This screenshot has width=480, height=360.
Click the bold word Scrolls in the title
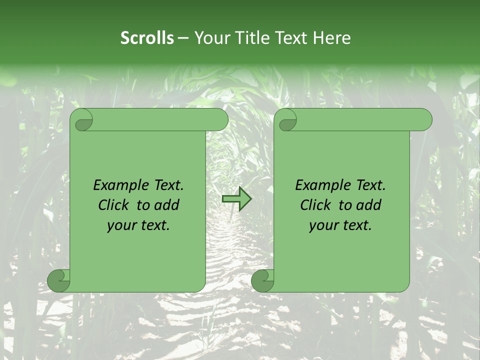click(x=147, y=38)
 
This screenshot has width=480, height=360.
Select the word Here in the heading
click(x=332, y=38)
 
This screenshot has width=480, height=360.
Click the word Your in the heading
click(x=209, y=38)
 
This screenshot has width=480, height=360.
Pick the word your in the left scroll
click(x=120, y=225)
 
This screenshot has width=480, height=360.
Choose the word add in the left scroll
click(x=167, y=205)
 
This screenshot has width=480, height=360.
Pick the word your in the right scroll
click(x=322, y=225)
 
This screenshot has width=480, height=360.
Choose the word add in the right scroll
click(x=369, y=205)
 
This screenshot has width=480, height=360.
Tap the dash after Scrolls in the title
click(x=183, y=38)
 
